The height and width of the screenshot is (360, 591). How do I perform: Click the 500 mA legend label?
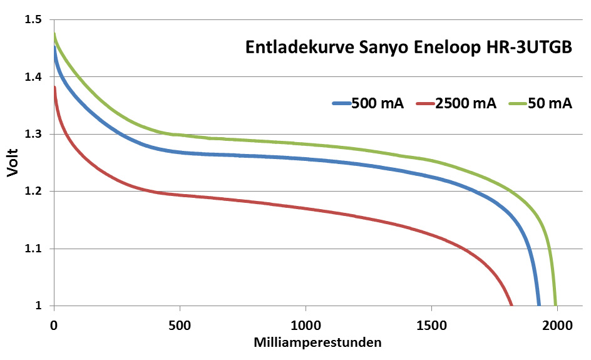click(378, 103)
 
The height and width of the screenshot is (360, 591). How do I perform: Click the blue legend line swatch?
click(341, 103)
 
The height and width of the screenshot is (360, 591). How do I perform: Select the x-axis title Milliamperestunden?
click(317, 343)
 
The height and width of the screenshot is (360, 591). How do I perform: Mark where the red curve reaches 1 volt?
click(511, 305)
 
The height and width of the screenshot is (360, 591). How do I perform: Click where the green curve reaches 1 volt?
click(555, 305)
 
